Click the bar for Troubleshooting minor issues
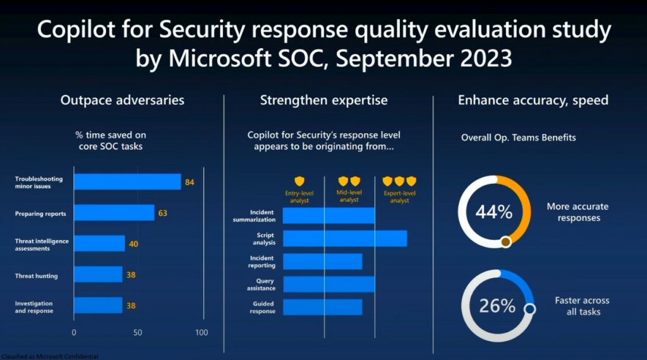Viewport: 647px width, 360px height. coord(127,182)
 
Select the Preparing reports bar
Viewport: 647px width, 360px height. coord(114,213)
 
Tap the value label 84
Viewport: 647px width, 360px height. coord(189,183)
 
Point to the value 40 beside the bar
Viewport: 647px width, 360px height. coord(133,244)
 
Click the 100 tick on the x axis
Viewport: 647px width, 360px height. coord(202,332)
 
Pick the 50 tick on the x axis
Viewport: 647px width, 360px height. coord(138,332)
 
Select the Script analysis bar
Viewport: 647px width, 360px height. coord(344,238)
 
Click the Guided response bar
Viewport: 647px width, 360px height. coord(322,307)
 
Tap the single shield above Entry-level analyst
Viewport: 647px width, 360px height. coord(299,181)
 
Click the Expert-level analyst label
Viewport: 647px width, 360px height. coord(399,196)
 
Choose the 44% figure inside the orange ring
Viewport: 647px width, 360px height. coord(493,212)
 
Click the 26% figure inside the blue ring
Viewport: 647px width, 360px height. coord(497,306)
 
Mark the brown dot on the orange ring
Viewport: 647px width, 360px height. coord(505,241)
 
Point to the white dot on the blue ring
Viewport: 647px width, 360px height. coord(530,309)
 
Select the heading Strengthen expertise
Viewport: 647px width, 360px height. coord(323,100)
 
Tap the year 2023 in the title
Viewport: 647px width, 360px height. coord(480,59)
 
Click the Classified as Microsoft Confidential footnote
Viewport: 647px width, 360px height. coord(49,357)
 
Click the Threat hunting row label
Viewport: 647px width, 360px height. coord(37,275)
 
